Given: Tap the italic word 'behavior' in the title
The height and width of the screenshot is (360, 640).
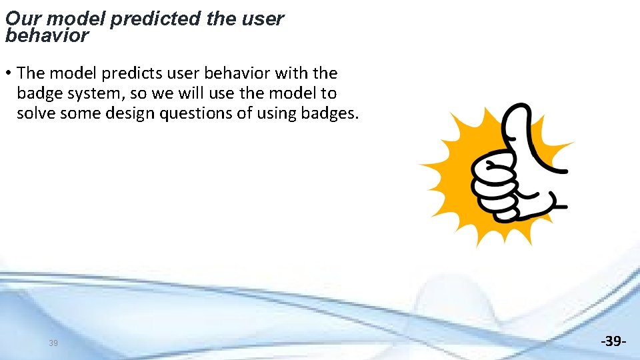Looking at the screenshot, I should pos(47,35).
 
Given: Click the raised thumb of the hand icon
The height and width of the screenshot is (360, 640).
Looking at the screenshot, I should pos(517,130).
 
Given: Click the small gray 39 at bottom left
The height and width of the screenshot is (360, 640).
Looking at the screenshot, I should pos(53,343).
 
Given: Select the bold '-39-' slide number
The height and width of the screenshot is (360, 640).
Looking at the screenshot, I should pos(613,341).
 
